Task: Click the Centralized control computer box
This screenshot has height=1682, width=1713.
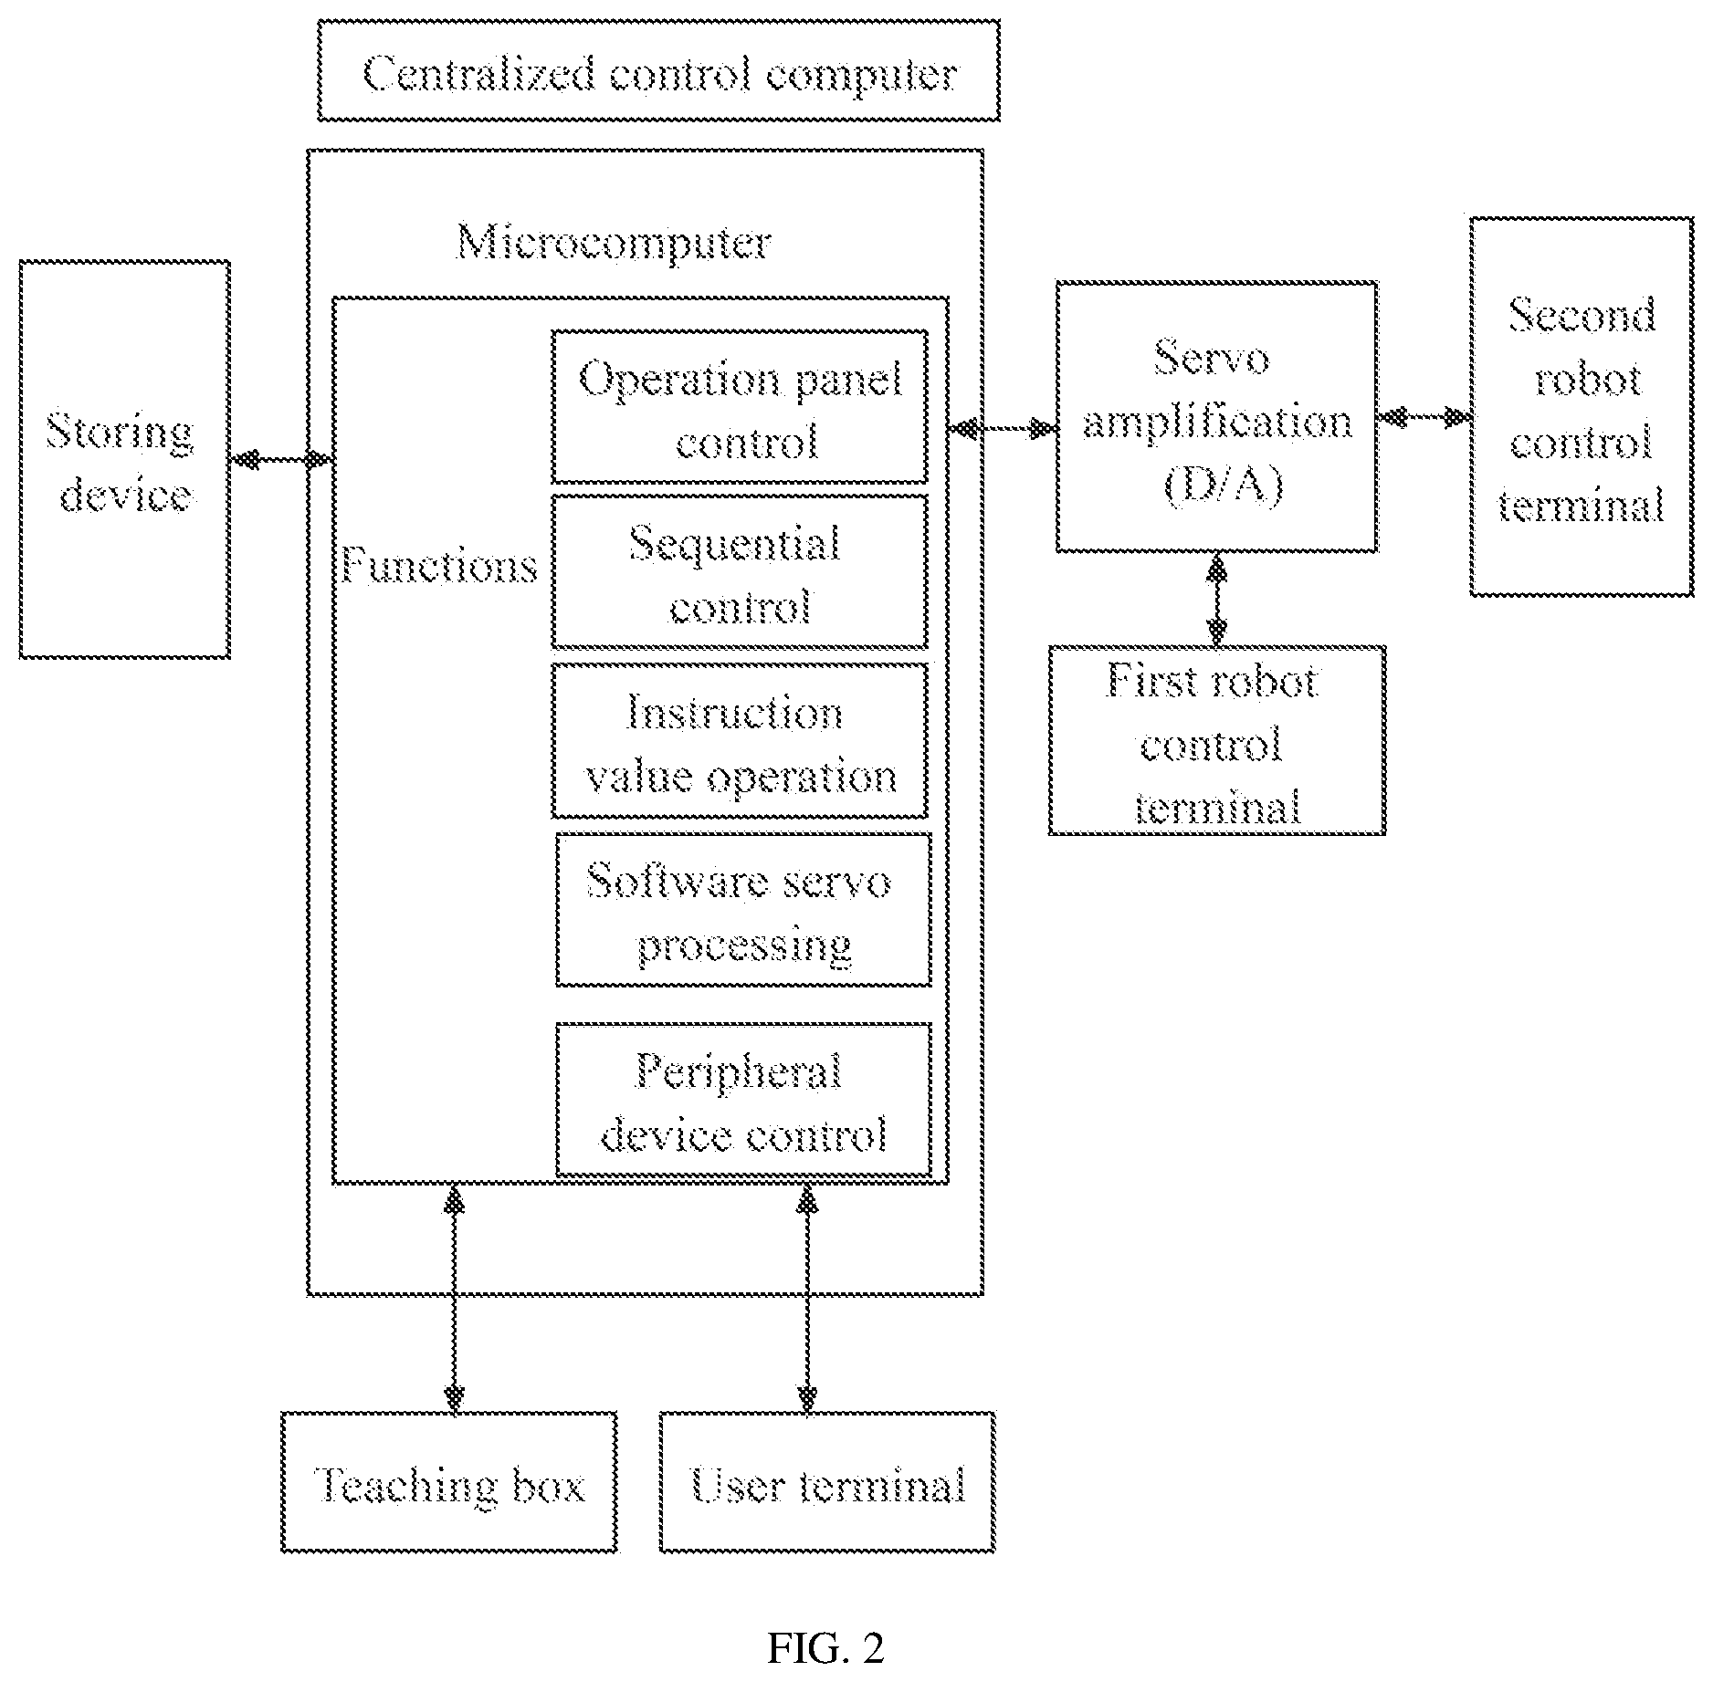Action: [658, 71]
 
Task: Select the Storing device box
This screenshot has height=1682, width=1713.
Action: [125, 459]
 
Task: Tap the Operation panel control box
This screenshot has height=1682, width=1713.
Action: [740, 407]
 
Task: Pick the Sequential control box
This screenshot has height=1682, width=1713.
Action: [740, 572]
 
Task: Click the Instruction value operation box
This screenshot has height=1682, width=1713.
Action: [740, 741]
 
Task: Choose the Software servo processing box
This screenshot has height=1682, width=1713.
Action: [743, 910]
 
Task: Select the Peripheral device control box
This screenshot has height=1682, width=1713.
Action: [743, 1100]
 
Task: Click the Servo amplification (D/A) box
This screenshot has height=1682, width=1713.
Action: [1217, 416]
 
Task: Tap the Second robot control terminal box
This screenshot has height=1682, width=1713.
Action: [1582, 407]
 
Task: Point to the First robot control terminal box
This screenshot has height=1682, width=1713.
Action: [1217, 740]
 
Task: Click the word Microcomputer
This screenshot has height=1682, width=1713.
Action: [614, 243]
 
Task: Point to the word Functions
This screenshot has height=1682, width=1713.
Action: [439, 565]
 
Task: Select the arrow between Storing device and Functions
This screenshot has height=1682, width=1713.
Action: [281, 459]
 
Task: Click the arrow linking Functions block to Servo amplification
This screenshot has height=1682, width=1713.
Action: [1003, 427]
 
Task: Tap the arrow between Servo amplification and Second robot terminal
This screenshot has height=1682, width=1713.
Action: [1424, 417]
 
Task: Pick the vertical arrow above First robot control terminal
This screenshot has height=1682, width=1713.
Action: [1216, 599]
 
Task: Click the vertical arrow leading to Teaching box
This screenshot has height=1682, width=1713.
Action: [454, 1299]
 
